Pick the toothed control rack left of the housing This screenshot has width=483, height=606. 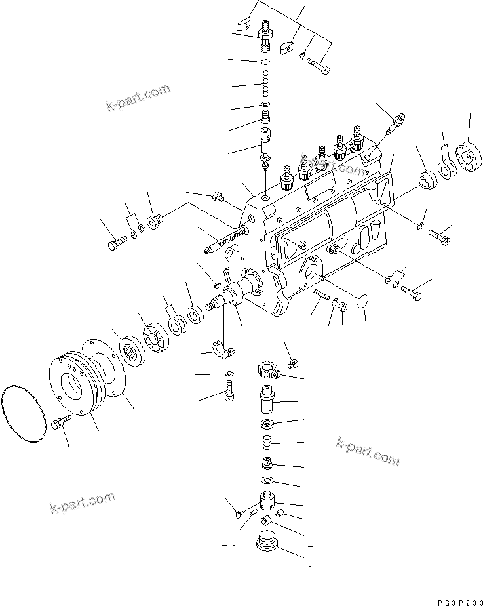[x=223, y=238]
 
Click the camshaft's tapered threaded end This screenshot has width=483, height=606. [x=214, y=304]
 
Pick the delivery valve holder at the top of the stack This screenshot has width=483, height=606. [x=267, y=36]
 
